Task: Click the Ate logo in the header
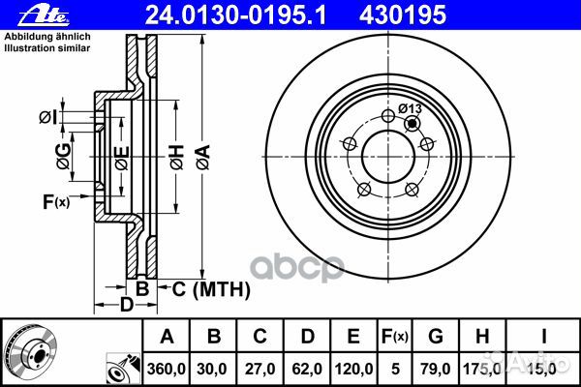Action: pos(44,15)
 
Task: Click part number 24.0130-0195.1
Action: pos(235,15)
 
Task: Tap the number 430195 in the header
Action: pos(403,15)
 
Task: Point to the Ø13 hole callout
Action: pos(410,108)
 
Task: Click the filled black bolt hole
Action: pos(412,123)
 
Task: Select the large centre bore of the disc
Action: pos(388,157)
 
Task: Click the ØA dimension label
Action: pos(203,158)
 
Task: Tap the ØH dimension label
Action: pos(177,158)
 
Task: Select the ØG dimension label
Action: pos(63,157)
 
